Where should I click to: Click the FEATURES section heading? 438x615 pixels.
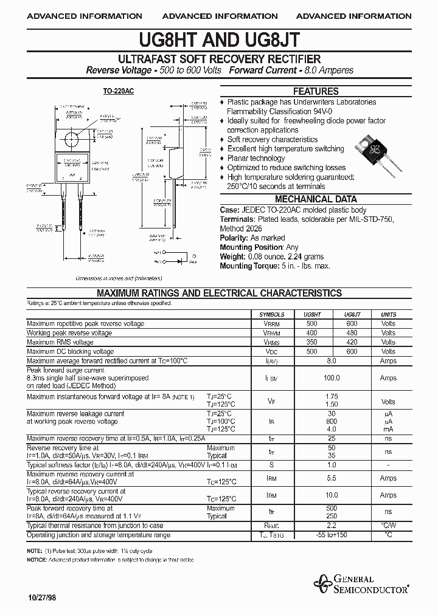click(x=316, y=92)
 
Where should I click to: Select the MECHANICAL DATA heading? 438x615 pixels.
click(x=316, y=199)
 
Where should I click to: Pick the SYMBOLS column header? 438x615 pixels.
click(x=272, y=315)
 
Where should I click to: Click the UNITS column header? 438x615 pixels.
click(x=388, y=315)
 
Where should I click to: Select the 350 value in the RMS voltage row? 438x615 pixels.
click(x=312, y=342)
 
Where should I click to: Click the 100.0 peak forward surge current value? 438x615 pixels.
click(x=332, y=378)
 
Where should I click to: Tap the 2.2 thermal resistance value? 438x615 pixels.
click(x=332, y=526)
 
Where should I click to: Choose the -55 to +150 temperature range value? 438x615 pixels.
click(x=332, y=535)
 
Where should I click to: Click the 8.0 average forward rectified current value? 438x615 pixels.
click(x=332, y=360)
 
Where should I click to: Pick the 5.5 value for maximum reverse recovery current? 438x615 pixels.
click(x=332, y=478)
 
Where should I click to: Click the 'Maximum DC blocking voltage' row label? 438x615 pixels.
click(x=71, y=351)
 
